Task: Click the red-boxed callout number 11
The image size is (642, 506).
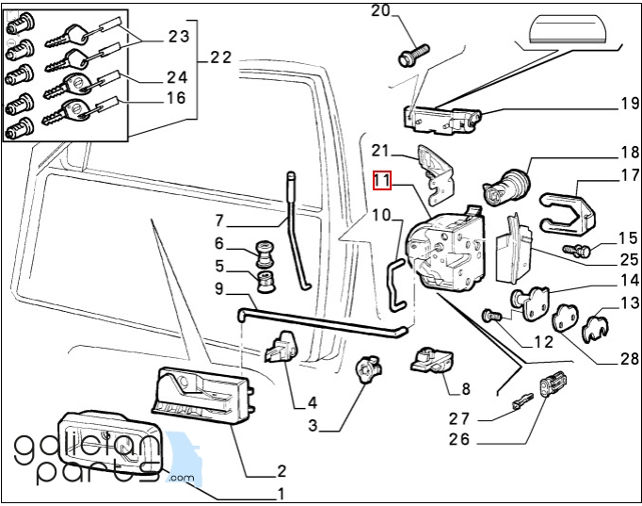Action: tap(381, 180)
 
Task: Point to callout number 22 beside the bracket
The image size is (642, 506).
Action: tap(221, 58)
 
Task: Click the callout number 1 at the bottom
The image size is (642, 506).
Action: tap(280, 494)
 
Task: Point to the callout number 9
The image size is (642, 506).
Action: tap(218, 290)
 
